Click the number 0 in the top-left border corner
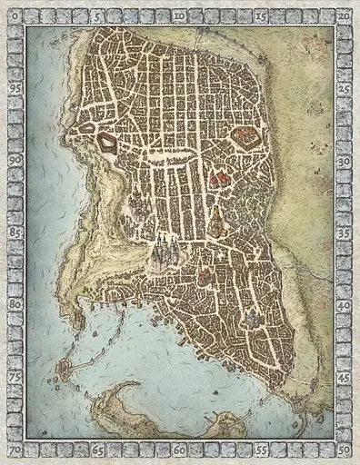[15, 16]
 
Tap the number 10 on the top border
[181, 16]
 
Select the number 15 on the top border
[262, 16]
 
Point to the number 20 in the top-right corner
[345, 16]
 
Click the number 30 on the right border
[345, 160]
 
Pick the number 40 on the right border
[345, 306]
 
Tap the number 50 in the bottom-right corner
[345, 450]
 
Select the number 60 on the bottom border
[181, 450]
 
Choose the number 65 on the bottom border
[98, 450]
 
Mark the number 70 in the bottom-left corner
[15, 450]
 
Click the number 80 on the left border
[15, 304]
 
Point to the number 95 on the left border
[15, 88]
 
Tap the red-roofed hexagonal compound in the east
[245, 137]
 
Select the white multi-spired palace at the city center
[165, 251]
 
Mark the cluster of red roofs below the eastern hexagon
[218, 178]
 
